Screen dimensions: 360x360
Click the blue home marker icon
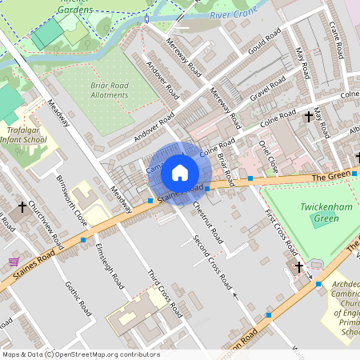180,172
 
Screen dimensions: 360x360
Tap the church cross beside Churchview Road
22,207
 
